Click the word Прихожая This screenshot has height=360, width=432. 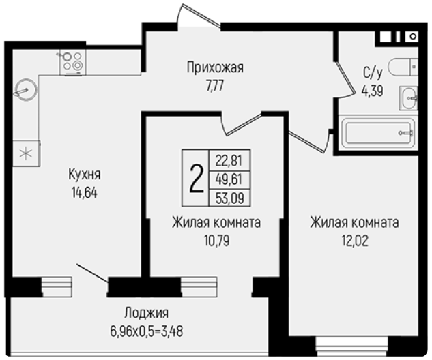point(215,67)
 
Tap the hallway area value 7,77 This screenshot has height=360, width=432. point(214,87)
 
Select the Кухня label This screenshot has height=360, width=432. point(85,175)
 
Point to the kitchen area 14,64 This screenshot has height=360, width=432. point(85,193)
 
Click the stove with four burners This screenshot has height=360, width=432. point(73,62)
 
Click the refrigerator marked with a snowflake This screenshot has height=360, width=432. point(27,153)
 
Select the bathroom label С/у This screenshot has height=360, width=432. point(373,73)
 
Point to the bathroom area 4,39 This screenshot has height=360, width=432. point(373,91)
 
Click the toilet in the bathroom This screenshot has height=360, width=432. point(403,67)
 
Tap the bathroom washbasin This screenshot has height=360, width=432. point(409,98)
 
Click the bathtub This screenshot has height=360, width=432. point(377,133)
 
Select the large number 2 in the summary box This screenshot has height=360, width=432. point(197,179)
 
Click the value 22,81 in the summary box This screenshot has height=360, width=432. point(229,160)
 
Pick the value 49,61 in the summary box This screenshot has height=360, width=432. point(229,179)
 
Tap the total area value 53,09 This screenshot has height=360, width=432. point(230,198)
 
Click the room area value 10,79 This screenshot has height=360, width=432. point(217,241)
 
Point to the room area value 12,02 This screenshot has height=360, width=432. point(355,241)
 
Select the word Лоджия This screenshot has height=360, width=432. point(146,313)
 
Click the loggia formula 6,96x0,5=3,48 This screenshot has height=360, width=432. point(146,331)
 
